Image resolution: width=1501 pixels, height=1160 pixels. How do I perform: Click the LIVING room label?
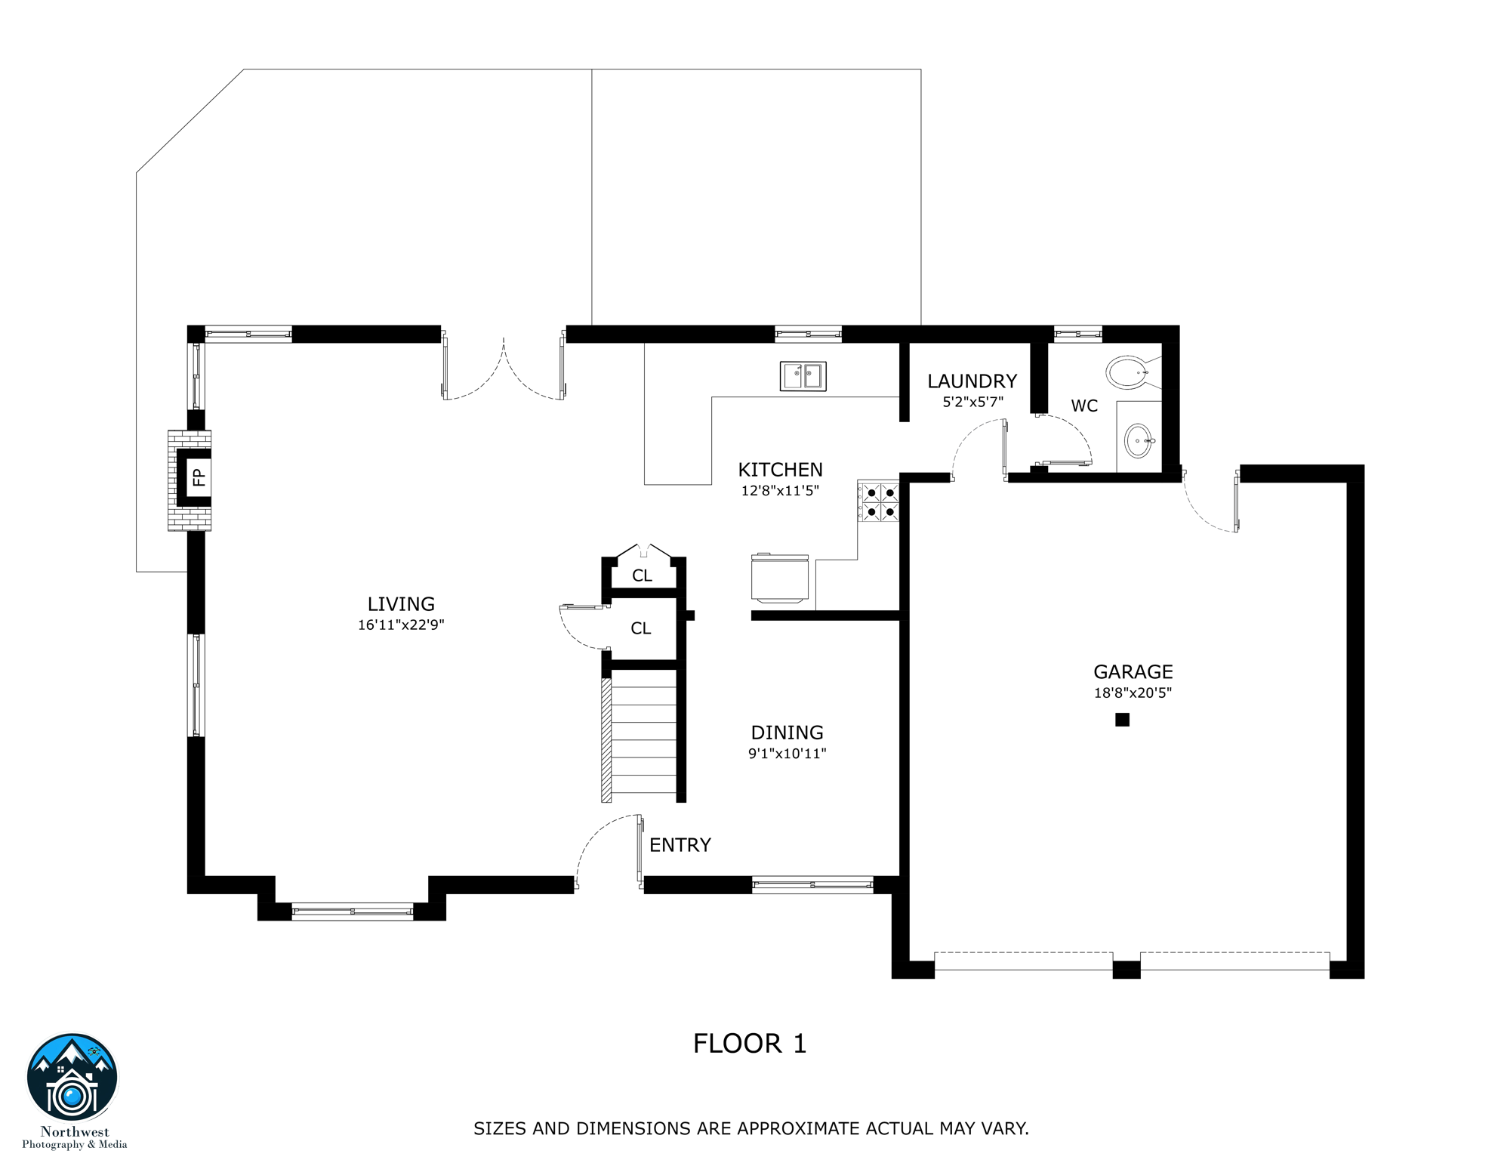[401, 604]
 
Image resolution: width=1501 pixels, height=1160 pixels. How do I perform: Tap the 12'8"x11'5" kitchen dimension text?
[780, 491]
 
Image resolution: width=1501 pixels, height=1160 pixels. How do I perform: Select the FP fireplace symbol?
[197, 477]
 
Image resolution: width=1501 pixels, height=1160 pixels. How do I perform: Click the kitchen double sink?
[803, 376]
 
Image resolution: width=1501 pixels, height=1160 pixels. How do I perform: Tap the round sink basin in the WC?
[1138, 441]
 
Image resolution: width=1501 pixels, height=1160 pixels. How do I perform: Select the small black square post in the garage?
[1122, 720]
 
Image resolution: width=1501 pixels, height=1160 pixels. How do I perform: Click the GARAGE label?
[1133, 672]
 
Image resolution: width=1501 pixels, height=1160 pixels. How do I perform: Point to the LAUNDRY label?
[972, 381]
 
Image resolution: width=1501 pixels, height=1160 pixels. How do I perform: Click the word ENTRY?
[680, 845]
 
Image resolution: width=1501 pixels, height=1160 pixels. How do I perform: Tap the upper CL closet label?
[642, 576]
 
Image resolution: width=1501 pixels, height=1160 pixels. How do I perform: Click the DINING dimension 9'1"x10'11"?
[787, 754]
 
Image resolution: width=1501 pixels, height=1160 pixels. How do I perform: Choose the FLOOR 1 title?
[750, 1044]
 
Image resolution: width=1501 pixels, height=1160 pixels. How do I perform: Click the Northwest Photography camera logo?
[72, 1078]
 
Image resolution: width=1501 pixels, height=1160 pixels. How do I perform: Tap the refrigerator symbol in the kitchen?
[780, 578]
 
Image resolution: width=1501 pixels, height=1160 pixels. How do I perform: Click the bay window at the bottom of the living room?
[353, 912]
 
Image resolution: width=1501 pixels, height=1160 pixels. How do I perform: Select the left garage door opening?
[1023, 961]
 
